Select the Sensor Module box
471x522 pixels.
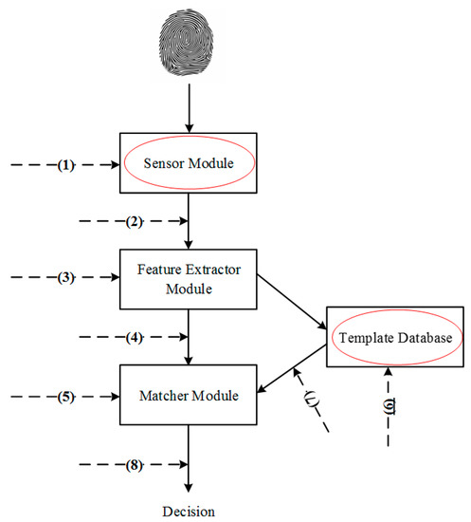190,163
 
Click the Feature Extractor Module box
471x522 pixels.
190,279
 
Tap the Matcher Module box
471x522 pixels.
190,392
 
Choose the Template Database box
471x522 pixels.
391,337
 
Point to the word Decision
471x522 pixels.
190,510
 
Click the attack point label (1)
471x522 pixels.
64,164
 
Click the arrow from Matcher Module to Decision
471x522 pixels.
190,456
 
